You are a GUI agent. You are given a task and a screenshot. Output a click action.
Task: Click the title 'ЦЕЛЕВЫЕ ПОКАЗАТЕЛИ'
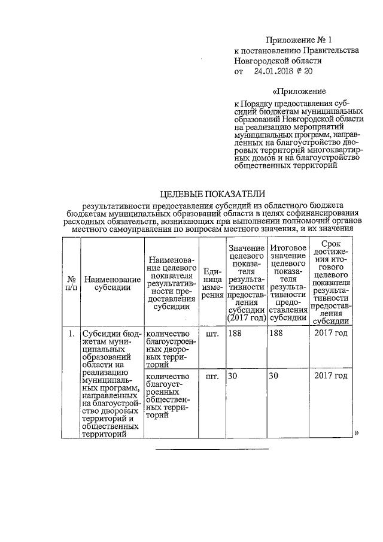tap(212, 194)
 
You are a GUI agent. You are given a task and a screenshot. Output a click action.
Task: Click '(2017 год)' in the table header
tap(245, 318)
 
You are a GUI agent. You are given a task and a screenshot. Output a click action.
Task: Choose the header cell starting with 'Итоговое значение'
tap(288, 283)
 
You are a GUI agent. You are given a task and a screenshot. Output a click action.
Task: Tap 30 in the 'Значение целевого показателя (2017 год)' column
tap(234, 376)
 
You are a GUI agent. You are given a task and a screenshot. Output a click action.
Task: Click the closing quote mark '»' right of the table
tap(357, 432)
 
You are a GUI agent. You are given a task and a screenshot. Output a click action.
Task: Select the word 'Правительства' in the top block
tap(331, 50)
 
